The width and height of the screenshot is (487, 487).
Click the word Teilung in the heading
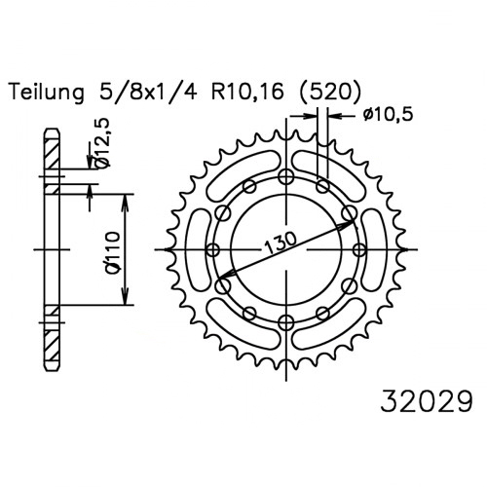pyautogui.click(x=47, y=93)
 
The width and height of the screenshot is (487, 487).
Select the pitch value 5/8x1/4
pyautogui.click(x=148, y=92)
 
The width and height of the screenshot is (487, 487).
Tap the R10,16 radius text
pyautogui.click(x=247, y=93)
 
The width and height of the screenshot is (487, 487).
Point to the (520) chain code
pyautogui.click(x=329, y=92)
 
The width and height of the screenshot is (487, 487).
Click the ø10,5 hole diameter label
pyautogui.click(x=388, y=114)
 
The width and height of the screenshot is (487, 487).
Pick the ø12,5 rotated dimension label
pyautogui.click(x=103, y=143)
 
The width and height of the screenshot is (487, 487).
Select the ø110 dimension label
pyautogui.click(x=113, y=253)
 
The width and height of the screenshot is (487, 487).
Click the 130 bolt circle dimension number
pyautogui.click(x=281, y=243)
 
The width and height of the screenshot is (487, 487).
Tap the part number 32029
pyautogui.click(x=426, y=401)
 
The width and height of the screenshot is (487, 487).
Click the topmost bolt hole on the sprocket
pyautogui.click(x=286, y=177)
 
